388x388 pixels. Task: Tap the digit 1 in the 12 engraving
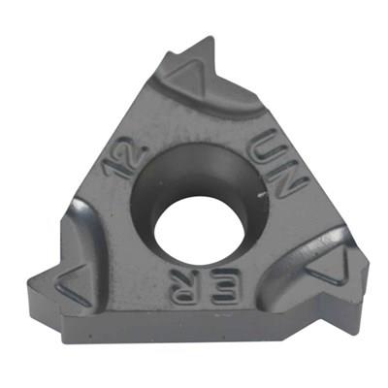click(113, 168)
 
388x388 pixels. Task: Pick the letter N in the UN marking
click(289, 179)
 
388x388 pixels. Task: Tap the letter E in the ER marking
click(224, 286)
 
